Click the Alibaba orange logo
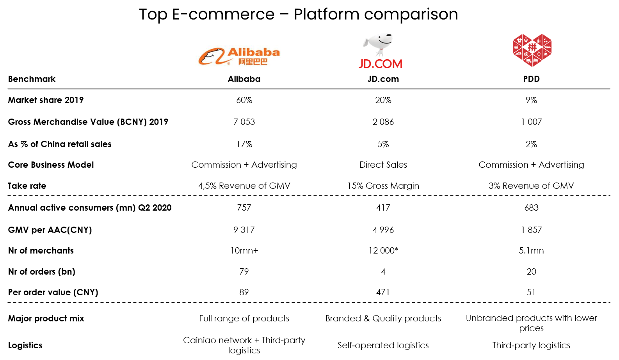[239, 56]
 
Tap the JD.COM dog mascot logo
[380, 51]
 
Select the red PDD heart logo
[532, 50]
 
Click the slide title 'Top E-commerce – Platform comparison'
[299, 14]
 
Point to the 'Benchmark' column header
[32, 79]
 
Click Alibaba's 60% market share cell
[244, 100]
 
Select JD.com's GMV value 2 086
[383, 122]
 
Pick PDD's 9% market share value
[532, 100]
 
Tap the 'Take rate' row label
[27, 186]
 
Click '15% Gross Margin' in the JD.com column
[383, 186]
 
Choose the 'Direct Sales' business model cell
[383, 165]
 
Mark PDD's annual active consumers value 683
[532, 207]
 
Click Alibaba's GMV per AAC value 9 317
[244, 230]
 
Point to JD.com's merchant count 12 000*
[383, 250]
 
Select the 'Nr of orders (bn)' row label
[42, 271]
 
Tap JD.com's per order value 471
[383, 293]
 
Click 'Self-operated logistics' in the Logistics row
[383, 345]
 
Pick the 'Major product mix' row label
[46, 319]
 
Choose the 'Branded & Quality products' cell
[383, 319]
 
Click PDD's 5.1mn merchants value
[532, 250]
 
